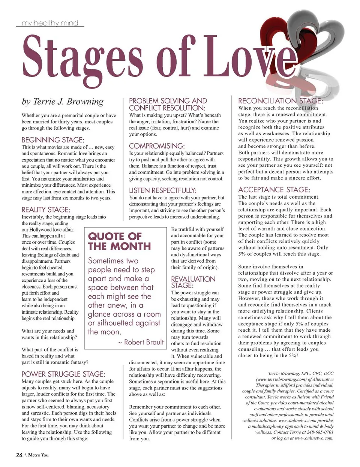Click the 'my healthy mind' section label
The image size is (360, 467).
pyautogui.click(x=50, y=23)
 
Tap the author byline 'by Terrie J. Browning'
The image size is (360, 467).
pyautogui.click(x=63, y=102)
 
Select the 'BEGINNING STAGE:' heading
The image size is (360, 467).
pyautogui.click(x=52, y=140)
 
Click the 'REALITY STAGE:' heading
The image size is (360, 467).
pyautogui.click(x=46, y=210)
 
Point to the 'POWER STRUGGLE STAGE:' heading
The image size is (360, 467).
pyautogui.click(x=63, y=374)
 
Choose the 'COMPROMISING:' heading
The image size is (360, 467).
pyautogui.click(x=157, y=146)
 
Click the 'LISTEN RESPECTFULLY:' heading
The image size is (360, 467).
pyautogui.click(x=162, y=190)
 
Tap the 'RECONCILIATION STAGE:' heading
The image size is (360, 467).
pyautogui.click(x=280, y=101)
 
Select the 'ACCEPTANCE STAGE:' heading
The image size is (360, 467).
pyautogui.click(x=274, y=190)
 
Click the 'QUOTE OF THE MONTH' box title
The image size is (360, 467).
pyautogui.click(x=119, y=241)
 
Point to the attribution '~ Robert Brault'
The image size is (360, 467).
pyautogui.click(x=141, y=342)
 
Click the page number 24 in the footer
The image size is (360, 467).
pyautogui.click(x=19, y=455)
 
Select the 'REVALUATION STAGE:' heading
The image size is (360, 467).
pyautogui.click(x=193, y=282)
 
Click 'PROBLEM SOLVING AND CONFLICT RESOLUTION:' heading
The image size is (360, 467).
pyautogui.click(x=168, y=104)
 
